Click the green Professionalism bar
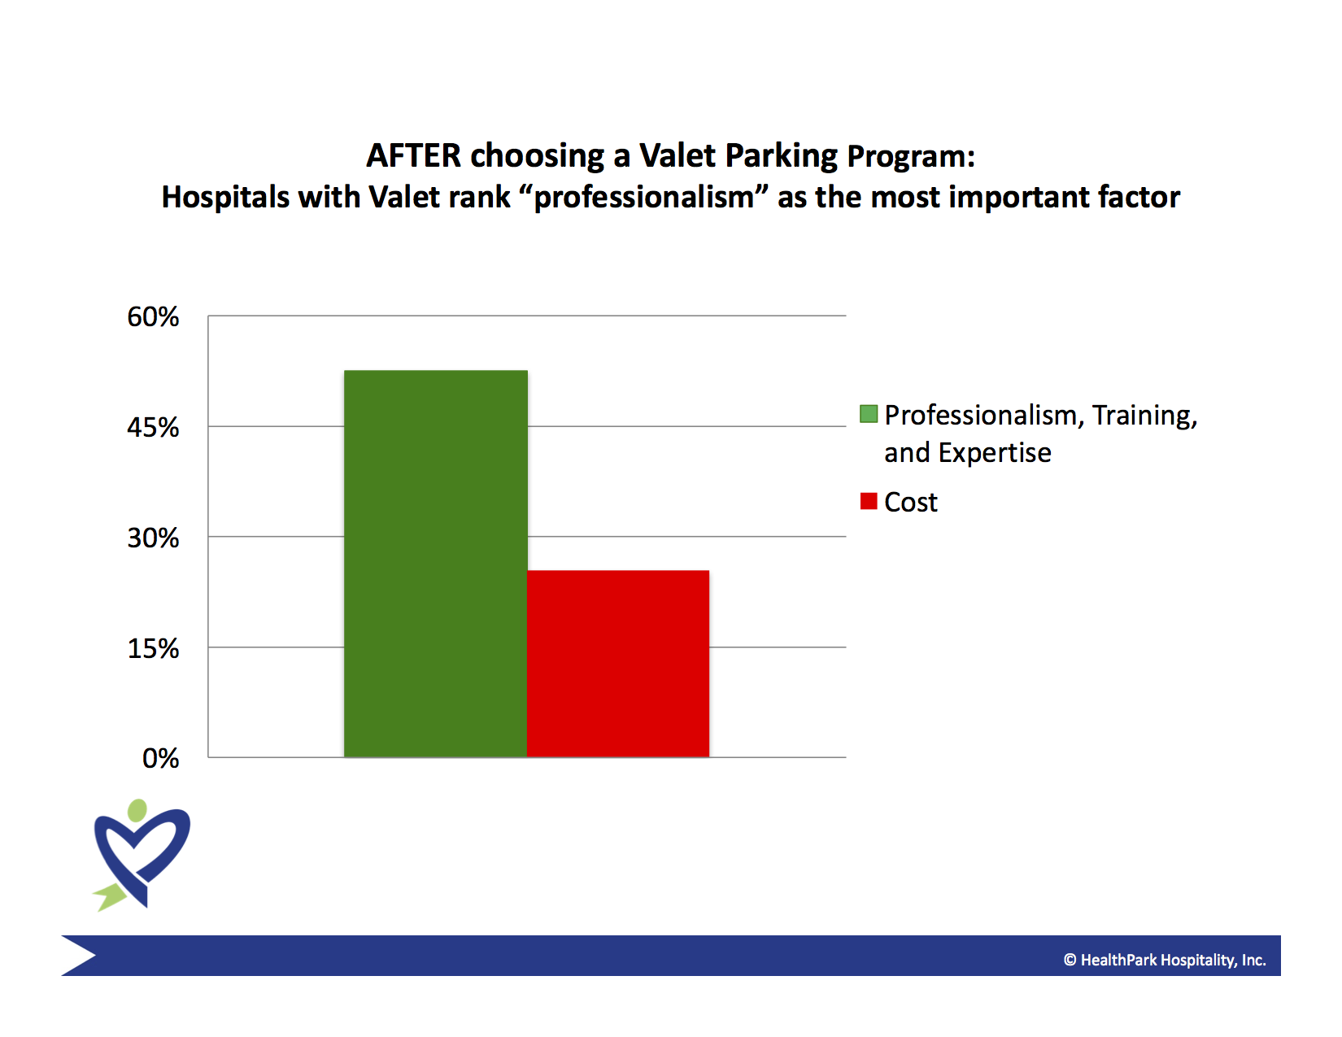(435, 564)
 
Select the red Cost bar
(618, 664)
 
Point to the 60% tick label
(153, 317)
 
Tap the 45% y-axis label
(153, 427)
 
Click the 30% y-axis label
(153, 538)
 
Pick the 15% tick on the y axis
(153, 648)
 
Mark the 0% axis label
(160, 759)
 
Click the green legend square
(869, 414)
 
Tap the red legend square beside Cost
(869, 501)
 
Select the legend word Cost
(911, 502)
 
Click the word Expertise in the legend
(995, 453)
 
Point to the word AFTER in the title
(413, 155)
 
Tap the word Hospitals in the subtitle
(225, 198)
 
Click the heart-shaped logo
(142, 856)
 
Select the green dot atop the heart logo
(137, 810)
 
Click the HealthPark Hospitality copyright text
(1165, 960)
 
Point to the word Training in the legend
(1144, 416)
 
